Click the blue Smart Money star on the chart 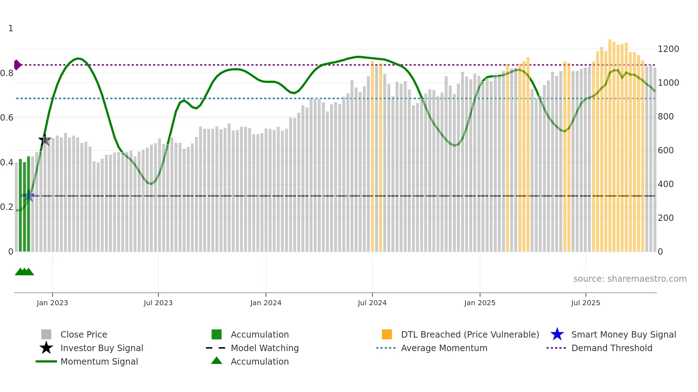[x=29, y=196]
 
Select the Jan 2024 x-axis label [x=266, y=303]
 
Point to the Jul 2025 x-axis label [x=585, y=303]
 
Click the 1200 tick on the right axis [x=668, y=49]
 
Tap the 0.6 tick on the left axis [x=7, y=118]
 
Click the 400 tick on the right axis [x=666, y=184]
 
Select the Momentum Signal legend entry [x=99, y=361]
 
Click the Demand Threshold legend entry [x=611, y=348]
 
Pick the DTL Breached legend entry [x=470, y=334]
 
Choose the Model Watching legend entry [x=264, y=348]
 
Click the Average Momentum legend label [x=444, y=348]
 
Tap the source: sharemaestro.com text [x=630, y=279]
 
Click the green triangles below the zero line [x=24, y=272]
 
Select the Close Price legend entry [x=83, y=334]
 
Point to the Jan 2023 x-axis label [x=52, y=303]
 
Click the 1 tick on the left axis [x=11, y=28]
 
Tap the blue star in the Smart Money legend [x=557, y=334]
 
